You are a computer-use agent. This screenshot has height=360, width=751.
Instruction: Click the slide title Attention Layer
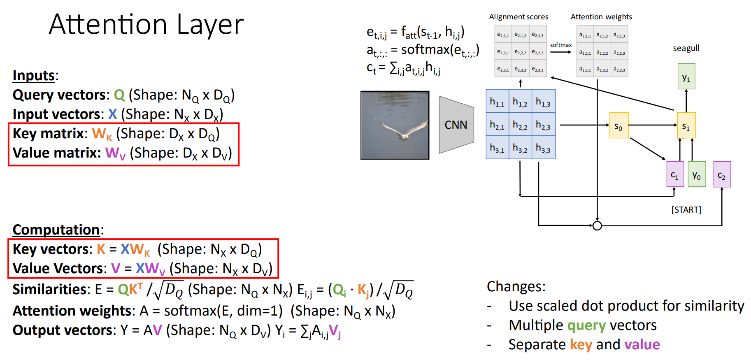click(x=146, y=25)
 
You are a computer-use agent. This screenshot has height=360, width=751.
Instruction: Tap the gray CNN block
click(x=456, y=125)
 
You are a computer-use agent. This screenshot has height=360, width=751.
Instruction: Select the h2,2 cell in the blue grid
click(x=520, y=125)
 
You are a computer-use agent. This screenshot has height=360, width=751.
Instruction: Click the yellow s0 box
click(x=618, y=125)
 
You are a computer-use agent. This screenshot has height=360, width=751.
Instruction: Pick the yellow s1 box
click(x=686, y=125)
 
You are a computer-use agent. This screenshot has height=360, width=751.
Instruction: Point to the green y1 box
click(x=686, y=77)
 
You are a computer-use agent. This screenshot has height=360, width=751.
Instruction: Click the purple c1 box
click(x=675, y=174)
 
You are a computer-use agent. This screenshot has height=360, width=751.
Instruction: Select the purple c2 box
click(x=722, y=174)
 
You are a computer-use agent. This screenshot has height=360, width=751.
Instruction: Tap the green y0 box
click(x=697, y=174)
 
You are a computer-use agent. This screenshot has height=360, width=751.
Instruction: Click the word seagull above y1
click(x=686, y=48)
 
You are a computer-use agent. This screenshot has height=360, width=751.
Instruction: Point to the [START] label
click(x=686, y=210)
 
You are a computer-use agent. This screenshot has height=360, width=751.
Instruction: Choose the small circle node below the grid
click(x=597, y=225)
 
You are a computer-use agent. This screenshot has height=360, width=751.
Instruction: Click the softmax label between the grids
click(x=561, y=45)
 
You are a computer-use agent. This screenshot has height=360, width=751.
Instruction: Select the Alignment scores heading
click(x=518, y=17)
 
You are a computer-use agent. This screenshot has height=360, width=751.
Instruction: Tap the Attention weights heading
click(x=601, y=17)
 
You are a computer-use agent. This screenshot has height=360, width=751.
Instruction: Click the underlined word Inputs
click(x=34, y=76)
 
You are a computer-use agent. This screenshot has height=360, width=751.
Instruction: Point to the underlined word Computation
click(x=56, y=230)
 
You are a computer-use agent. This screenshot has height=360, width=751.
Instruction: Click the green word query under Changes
click(x=586, y=325)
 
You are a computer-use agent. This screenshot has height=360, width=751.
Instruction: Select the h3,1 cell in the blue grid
click(x=497, y=148)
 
